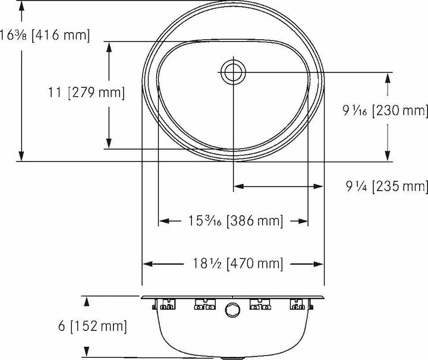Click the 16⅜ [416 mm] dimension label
click(45, 35)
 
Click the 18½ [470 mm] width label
click(232, 263)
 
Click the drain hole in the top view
click(232, 72)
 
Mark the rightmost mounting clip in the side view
click(299, 305)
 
